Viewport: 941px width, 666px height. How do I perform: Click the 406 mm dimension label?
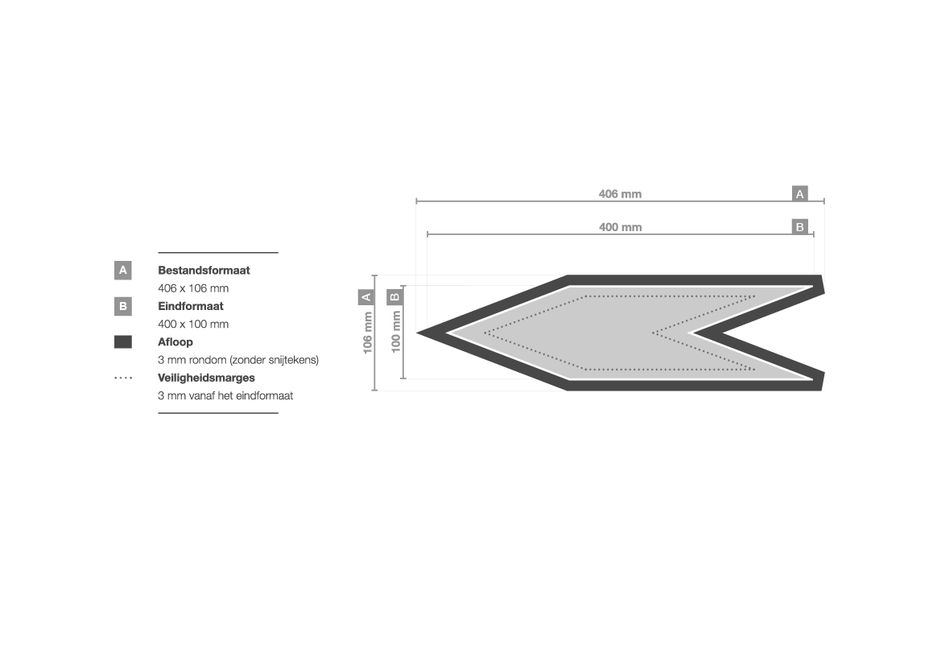(620, 194)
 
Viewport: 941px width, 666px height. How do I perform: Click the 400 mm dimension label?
(620, 227)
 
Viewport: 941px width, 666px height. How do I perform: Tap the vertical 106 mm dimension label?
(367, 333)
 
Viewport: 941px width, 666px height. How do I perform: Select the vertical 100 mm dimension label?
(395, 333)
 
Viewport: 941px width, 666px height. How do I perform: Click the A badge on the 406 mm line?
(799, 194)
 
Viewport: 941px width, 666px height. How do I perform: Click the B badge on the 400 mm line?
(799, 227)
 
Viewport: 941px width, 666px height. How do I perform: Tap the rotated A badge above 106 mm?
(366, 296)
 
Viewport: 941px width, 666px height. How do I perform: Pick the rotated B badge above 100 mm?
(395, 296)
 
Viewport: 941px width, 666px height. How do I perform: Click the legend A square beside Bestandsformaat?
(123, 271)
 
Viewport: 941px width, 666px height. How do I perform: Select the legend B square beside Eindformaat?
(123, 306)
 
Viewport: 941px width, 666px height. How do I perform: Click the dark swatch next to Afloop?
(123, 342)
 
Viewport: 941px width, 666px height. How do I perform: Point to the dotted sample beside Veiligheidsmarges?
(123, 378)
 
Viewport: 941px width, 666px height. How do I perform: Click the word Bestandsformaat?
(204, 271)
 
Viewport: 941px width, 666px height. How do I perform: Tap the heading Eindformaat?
(190, 306)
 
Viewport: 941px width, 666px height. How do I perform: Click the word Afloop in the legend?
(175, 342)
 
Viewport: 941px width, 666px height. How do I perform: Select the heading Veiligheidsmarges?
(206, 378)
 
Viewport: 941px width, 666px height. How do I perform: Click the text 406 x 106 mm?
(193, 288)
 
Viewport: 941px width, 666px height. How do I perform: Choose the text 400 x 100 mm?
(193, 325)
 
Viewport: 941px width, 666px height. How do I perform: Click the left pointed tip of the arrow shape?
(418, 333)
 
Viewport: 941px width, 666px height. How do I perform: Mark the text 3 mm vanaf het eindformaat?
(225, 395)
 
